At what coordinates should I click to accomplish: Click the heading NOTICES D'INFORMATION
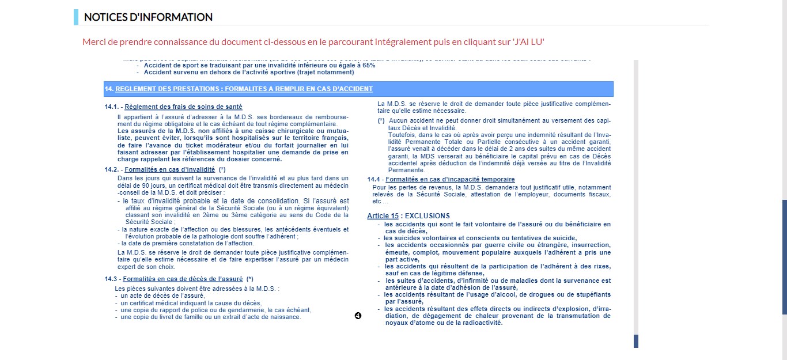[x=148, y=17]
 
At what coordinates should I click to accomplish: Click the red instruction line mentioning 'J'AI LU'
[x=313, y=42]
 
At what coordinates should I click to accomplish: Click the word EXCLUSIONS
[x=428, y=216]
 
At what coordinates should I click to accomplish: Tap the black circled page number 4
[x=358, y=316]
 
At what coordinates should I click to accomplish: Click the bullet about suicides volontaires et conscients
[x=480, y=238]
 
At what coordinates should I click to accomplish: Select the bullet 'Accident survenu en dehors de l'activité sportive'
[x=249, y=73]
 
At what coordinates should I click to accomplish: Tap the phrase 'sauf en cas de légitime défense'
[x=434, y=273]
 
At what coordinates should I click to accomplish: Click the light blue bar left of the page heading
[x=76, y=17]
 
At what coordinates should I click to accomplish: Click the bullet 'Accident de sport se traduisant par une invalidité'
[x=259, y=66]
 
